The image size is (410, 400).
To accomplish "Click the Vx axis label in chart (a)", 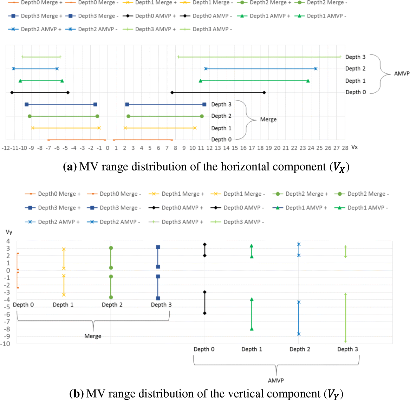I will [354, 147].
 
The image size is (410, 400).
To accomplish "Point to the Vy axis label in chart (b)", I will [9, 232].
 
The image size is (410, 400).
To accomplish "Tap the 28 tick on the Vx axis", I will [345, 148].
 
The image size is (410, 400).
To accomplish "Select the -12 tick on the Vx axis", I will [6, 148].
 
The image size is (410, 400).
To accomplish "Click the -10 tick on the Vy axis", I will [5, 344].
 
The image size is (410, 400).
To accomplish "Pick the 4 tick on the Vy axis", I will [8, 241].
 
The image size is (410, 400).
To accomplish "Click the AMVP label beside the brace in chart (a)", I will [402, 73].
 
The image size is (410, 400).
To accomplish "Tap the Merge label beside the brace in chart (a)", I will [268, 120].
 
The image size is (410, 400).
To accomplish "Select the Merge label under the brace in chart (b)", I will [93, 336].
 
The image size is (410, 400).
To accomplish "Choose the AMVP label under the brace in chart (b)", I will [276, 380].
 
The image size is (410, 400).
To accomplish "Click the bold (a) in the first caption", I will [70, 167].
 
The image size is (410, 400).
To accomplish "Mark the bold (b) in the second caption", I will [76, 393].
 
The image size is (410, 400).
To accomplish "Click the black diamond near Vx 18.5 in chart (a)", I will [264, 92].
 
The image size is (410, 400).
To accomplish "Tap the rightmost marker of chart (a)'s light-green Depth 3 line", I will [340, 57].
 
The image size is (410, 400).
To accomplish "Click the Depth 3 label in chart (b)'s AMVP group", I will [347, 349].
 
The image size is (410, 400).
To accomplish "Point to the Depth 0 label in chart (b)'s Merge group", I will [23, 305].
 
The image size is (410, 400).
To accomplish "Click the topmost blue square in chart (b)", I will [158, 247].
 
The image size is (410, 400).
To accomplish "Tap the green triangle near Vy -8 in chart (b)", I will [252, 329].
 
